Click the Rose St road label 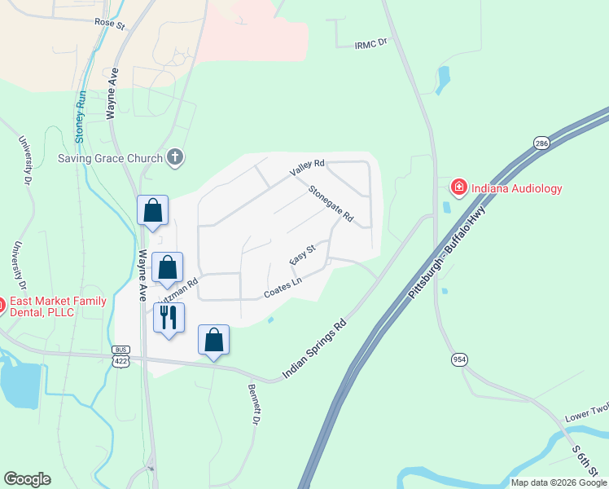tap(109, 24)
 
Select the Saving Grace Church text tap(109, 157)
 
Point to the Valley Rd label tap(308, 168)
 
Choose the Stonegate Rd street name tap(331, 205)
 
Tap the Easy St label tap(302, 254)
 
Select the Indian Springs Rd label tap(315, 347)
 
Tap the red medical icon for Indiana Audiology tap(458, 188)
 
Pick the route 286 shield tap(541, 143)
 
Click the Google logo tap(27, 479)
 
